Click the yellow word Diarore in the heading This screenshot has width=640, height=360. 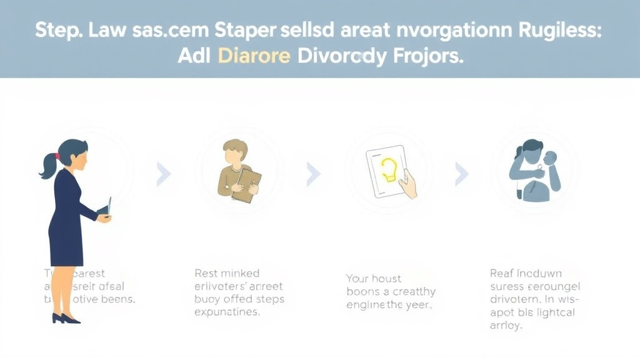coord(254,56)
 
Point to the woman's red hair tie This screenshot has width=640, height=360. coord(57,156)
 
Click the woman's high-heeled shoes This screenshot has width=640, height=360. coord(66,318)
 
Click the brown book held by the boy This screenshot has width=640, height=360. coord(246,186)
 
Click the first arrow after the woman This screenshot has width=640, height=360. coord(163,174)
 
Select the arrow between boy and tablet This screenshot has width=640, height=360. coord(312,174)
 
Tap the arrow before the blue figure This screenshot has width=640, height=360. coord(461,174)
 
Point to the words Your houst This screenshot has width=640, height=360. coord(374,279)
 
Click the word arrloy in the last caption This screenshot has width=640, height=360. coord(506,326)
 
